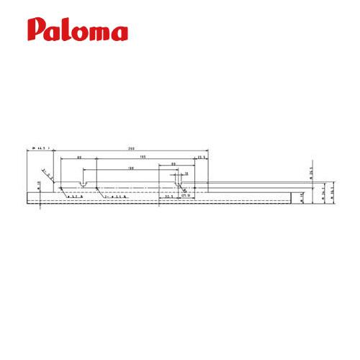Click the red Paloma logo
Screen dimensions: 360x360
pyautogui.click(x=78, y=30)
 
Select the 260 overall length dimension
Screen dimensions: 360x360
pyautogui.click(x=131, y=149)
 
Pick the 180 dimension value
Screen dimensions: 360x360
pyautogui.click(x=130, y=168)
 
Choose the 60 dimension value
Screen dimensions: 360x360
pyautogui.click(x=174, y=165)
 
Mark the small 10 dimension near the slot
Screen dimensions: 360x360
pyautogui.click(x=186, y=174)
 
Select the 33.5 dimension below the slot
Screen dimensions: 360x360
pyautogui.click(x=168, y=195)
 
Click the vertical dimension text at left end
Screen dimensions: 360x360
pyautogui.click(x=38, y=186)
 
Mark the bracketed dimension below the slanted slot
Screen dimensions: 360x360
pyautogui.click(x=185, y=195)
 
